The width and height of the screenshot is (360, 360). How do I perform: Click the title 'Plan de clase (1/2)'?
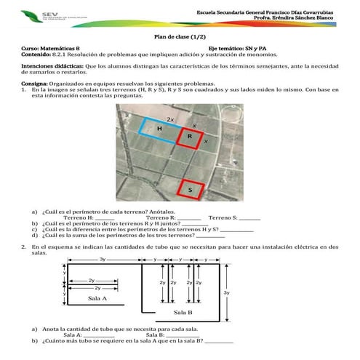click(180, 36)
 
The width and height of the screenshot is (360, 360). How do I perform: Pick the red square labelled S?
click(190, 188)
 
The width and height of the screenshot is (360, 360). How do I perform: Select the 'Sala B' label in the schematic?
click(183, 312)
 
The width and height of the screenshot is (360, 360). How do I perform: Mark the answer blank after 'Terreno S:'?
click(249, 217)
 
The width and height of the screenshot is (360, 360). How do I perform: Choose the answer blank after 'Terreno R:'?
click(189, 217)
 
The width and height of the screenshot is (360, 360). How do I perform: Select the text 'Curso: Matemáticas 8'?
click(50, 48)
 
